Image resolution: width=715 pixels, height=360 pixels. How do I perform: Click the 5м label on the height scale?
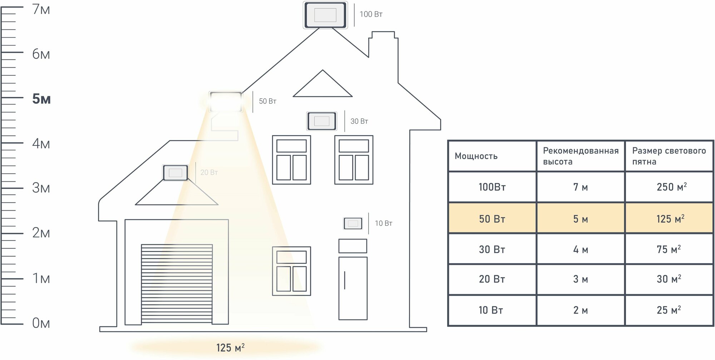tap(41, 99)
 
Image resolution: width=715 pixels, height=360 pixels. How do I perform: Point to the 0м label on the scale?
tap(41, 323)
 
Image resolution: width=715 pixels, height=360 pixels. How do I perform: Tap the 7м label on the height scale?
tap(41, 10)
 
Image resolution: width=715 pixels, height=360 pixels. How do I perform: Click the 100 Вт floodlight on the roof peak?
tap(325, 15)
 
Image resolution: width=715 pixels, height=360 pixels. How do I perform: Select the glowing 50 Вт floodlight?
tap(226, 102)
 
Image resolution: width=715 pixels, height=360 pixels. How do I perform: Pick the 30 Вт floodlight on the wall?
tap(322, 121)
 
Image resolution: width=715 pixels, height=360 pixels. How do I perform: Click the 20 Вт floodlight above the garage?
tap(176, 173)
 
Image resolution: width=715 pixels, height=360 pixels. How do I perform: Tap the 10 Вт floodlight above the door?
tap(353, 223)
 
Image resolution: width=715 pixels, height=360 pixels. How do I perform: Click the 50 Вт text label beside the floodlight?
tap(267, 102)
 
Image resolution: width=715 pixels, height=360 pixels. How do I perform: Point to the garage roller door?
tap(177, 283)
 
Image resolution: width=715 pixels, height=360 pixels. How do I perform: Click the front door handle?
tap(345, 280)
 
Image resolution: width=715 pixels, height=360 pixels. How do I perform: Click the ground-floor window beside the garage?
tap(291, 271)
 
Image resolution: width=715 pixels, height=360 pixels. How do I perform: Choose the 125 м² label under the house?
tap(230, 347)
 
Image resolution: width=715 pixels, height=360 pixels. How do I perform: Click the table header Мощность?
tap(476, 156)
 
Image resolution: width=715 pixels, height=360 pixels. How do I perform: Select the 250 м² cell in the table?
tap(671, 187)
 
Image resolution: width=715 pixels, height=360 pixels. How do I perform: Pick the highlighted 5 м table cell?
tap(580, 219)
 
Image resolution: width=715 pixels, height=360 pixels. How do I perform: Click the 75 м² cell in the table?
tap(669, 250)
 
